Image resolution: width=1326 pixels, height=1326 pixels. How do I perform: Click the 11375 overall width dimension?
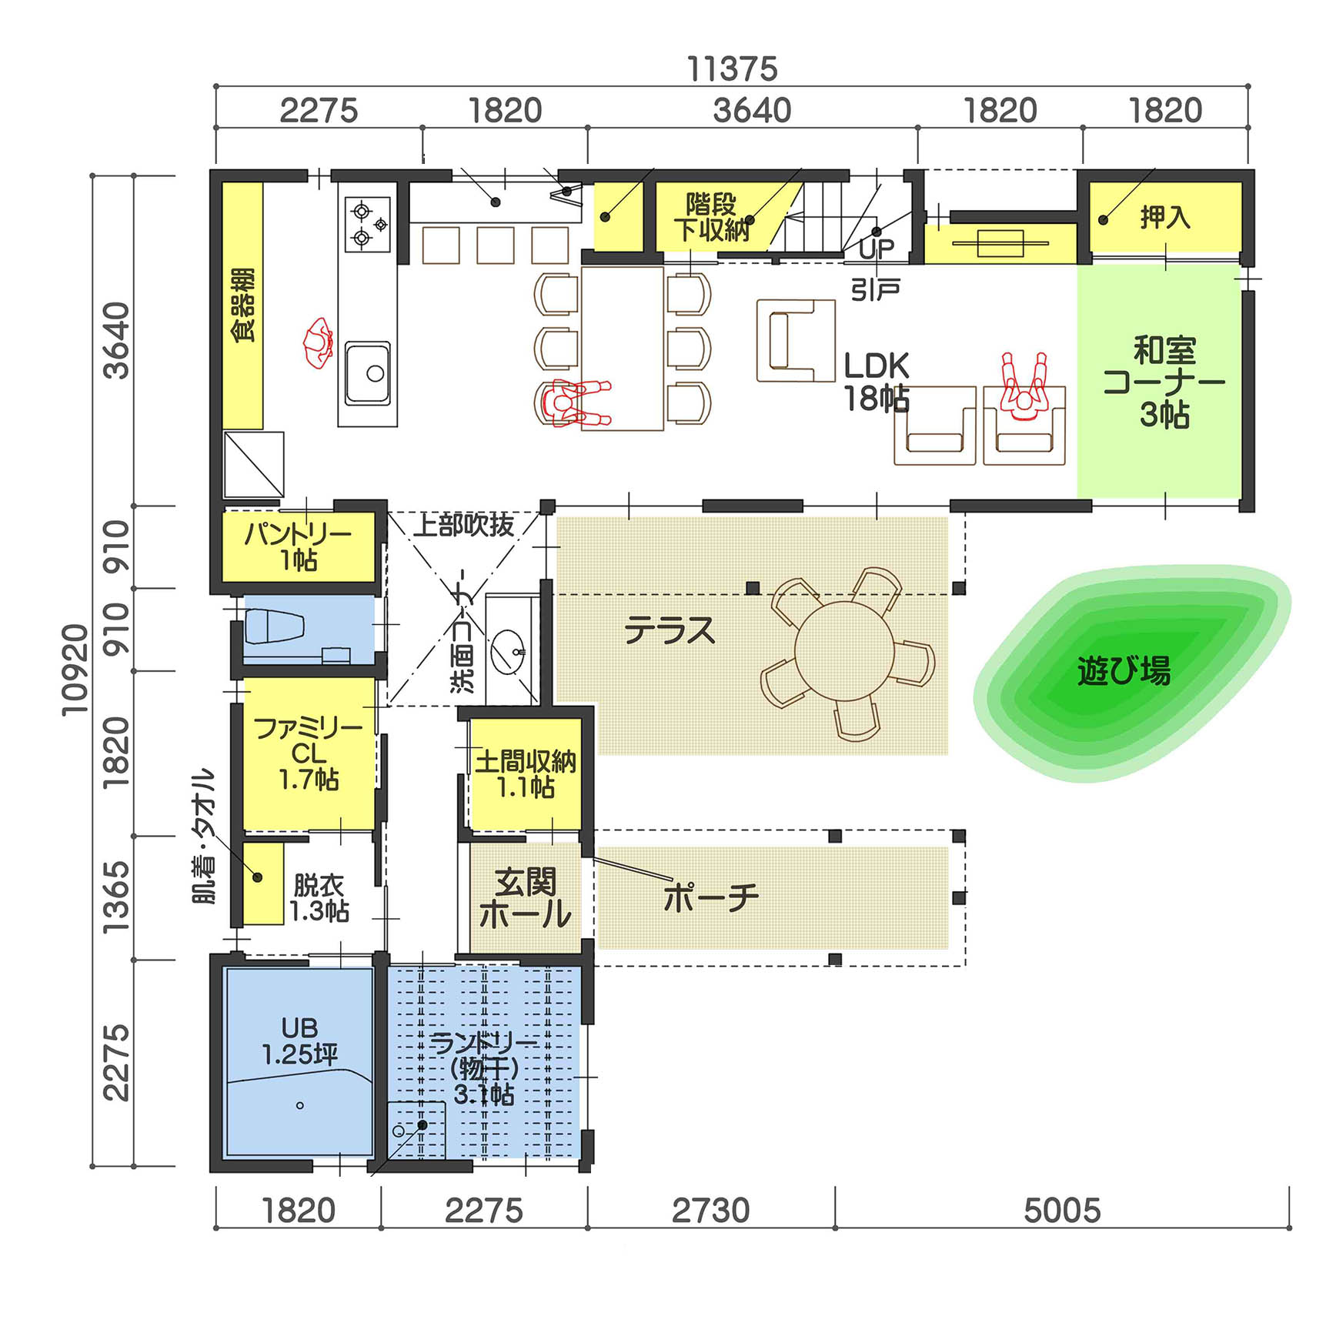732,69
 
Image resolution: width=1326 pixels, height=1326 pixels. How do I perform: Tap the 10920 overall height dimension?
75,670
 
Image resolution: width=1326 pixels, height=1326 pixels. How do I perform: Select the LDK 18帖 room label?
877,382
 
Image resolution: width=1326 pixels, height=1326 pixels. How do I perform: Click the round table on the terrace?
844,651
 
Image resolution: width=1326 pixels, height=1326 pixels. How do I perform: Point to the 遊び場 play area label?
1124,670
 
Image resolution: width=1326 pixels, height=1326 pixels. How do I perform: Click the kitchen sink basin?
367,373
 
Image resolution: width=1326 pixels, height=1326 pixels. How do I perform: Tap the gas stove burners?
368,224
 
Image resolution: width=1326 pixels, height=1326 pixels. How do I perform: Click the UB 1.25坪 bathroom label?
299,1041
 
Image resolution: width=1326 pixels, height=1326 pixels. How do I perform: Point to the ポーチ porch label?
710,897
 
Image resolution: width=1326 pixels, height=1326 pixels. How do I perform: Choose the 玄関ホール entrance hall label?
525,899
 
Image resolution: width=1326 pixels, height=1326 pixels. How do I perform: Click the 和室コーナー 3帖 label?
1164,382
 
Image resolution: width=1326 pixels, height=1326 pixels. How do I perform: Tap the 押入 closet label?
1165,217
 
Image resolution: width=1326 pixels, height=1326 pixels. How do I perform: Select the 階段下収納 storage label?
712,217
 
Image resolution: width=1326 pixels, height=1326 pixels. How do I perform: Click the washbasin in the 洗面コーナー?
508,652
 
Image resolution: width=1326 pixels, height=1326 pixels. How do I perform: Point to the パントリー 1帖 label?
298,546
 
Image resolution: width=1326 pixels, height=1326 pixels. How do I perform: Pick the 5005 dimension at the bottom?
1062,1211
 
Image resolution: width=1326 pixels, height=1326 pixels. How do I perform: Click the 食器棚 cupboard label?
243,305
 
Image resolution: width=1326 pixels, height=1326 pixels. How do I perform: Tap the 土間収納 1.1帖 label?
525,774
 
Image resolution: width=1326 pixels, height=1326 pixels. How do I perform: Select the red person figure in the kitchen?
318,343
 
